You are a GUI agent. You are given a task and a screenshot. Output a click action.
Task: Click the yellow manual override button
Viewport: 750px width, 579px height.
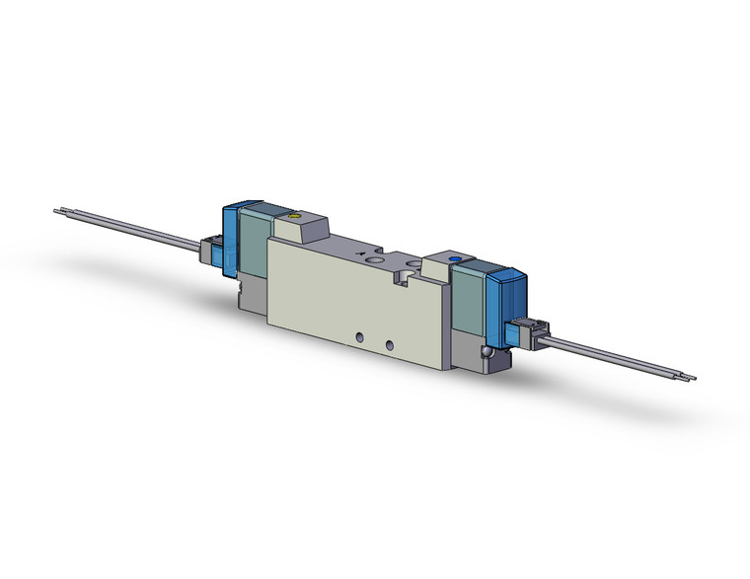291,214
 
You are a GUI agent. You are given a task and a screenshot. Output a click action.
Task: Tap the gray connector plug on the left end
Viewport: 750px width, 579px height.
210,251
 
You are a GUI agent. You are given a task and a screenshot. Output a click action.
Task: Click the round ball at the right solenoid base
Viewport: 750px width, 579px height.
486,351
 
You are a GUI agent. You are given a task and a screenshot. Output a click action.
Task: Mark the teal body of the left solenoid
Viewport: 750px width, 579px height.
255,237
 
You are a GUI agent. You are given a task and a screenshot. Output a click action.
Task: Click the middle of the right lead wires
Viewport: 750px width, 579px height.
617,357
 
